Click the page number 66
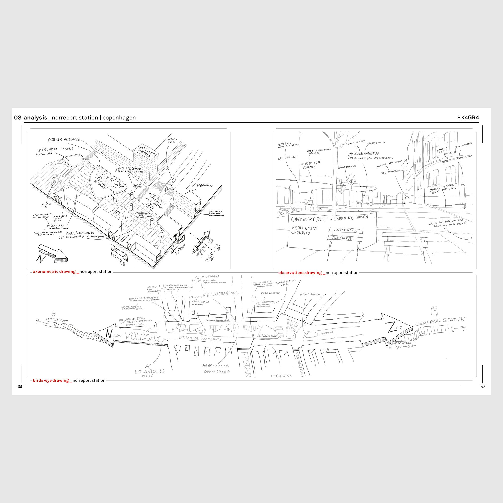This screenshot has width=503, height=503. [x=20, y=387]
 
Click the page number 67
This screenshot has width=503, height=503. [x=483, y=387]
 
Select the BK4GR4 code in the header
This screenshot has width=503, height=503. [x=468, y=118]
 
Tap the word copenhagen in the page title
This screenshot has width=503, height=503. [x=119, y=118]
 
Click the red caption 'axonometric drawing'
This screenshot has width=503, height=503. [x=54, y=272]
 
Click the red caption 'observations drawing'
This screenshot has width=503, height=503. [x=300, y=273]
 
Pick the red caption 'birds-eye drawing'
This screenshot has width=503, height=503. [x=51, y=380]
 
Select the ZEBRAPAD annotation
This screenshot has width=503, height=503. [x=204, y=186]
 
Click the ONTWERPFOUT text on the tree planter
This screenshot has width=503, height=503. [x=308, y=219]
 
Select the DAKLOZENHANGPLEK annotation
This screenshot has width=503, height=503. [x=363, y=154]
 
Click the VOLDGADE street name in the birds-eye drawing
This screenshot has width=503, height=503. [x=143, y=337]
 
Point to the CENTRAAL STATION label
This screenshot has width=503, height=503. [x=440, y=321]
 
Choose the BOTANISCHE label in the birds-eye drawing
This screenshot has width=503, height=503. [x=149, y=371]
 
